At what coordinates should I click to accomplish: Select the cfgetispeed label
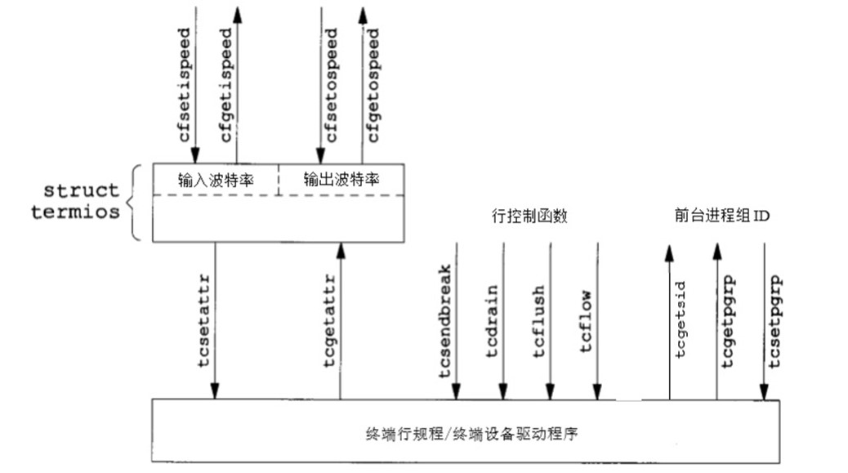click(226, 85)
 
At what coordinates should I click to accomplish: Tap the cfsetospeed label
click(331, 85)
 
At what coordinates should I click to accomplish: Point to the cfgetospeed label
click(373, 85)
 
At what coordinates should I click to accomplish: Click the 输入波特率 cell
click(215, 179)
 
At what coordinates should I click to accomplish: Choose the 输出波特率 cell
click(341, 179)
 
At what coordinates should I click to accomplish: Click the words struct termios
click(82, 202)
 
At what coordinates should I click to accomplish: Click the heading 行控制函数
click(529, 216)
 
